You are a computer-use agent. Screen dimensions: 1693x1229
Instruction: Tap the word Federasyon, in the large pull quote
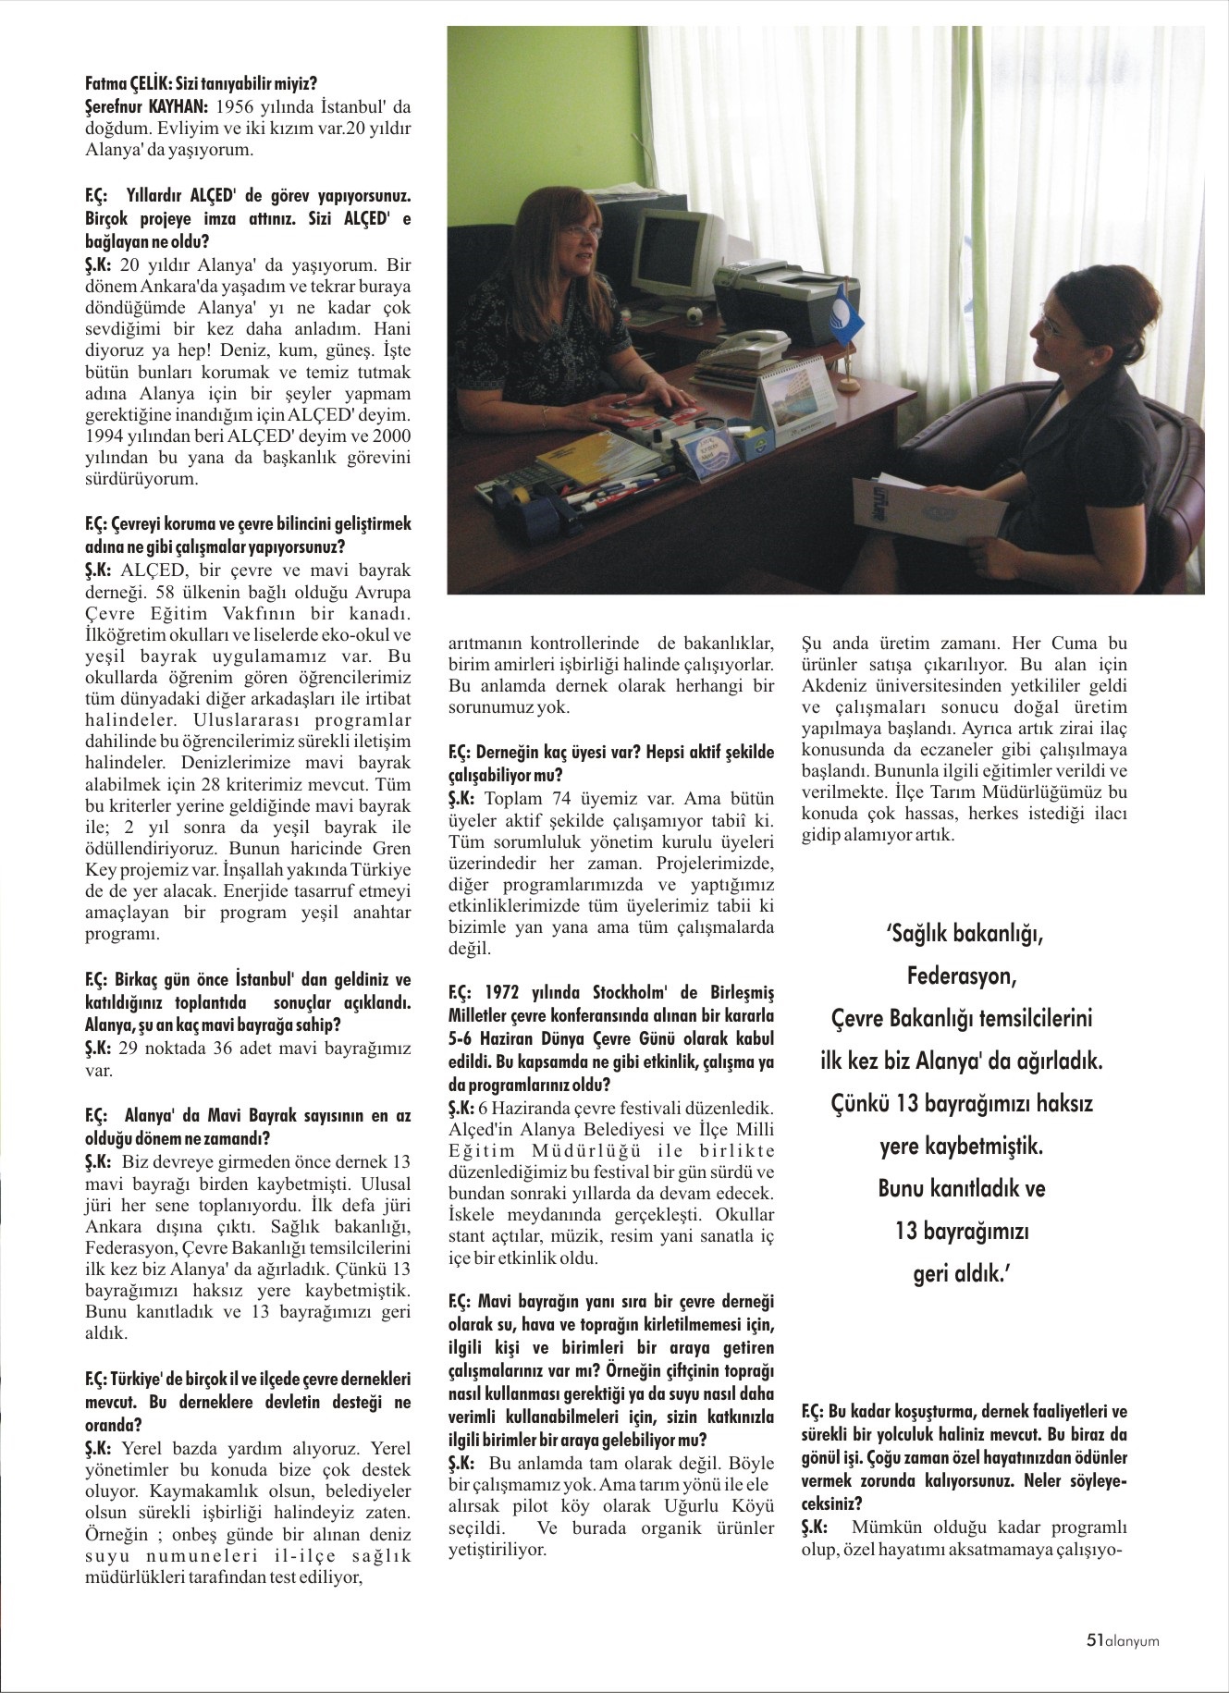click(961, 975)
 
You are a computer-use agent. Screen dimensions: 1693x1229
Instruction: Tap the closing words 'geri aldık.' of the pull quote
click(961, 1273)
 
